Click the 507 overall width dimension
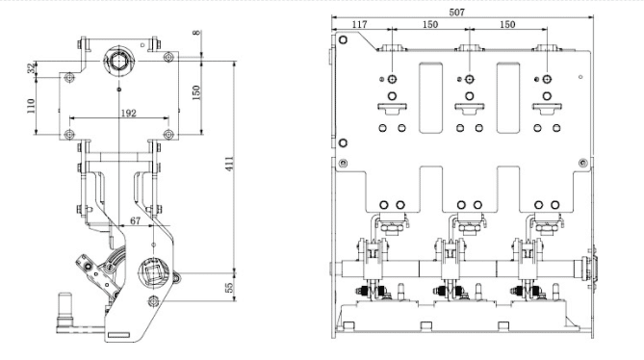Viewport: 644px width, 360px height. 456,13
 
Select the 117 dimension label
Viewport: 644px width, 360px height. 359,25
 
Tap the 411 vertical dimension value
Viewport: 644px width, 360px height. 230,164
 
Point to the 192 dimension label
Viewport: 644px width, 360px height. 129,113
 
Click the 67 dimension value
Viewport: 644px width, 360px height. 135,220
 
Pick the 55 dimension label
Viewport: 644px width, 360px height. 230,287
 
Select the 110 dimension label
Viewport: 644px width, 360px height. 31,106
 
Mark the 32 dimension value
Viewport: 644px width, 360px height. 32,68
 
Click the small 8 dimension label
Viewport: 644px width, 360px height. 197,33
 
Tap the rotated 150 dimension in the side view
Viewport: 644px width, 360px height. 196,92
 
